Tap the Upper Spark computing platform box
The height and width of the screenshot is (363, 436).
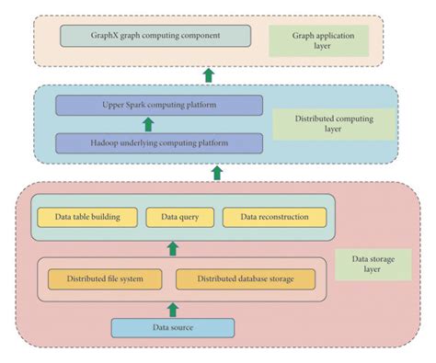pos(158,105)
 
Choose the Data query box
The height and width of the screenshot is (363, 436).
pos(180,217)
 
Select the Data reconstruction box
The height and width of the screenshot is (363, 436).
pos(273,217)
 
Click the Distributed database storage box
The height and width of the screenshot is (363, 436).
pos(245,278)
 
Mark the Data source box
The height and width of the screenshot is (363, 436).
pos(173,327)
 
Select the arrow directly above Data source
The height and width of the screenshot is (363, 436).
pos(172,308)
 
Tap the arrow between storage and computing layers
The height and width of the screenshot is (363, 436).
pos(218,172)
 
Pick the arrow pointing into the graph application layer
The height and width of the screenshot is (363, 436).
pos(209,74)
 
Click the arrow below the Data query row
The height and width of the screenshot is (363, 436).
pos(172,248)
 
